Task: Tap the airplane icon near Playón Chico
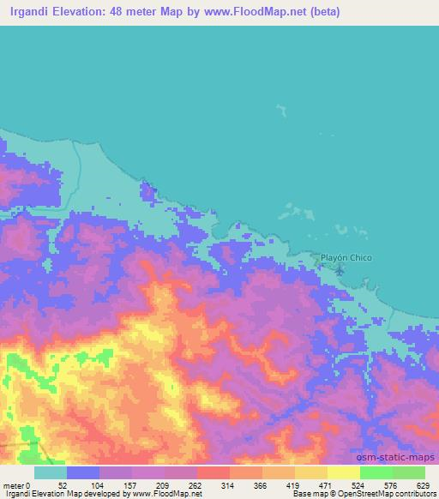tap(340, 271)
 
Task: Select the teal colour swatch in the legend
tap(51, 472)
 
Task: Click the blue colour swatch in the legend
tap(83, 472)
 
